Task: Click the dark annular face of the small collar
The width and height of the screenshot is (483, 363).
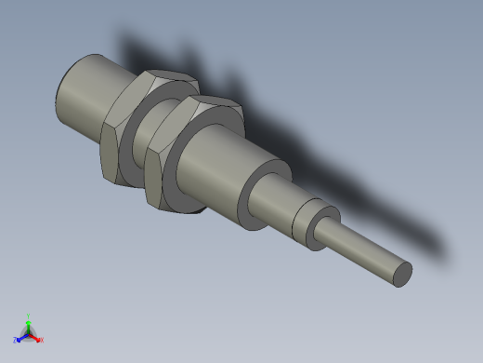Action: [303, 227]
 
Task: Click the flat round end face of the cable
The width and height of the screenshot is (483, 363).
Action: [402, 274]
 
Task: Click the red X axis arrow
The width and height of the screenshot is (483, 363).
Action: [35, 336]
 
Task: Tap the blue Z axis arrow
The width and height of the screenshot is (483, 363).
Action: [21, 336]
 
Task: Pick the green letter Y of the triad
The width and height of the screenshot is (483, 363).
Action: [29, 316]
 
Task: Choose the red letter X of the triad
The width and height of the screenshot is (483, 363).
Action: [41, 340]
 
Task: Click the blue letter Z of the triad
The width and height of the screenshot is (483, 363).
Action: [16, 340]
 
